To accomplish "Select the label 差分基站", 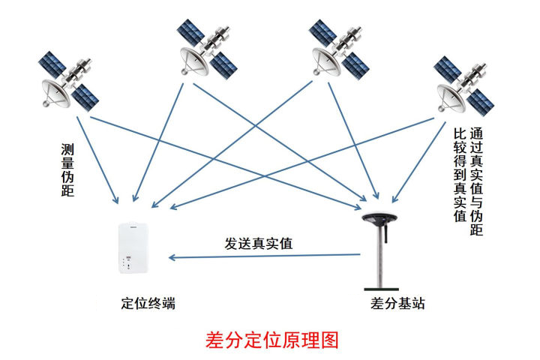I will click(x=398, y=304).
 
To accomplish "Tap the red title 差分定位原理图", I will click(x=271, y=339).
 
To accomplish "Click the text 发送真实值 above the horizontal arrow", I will click(x=259, y=244).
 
